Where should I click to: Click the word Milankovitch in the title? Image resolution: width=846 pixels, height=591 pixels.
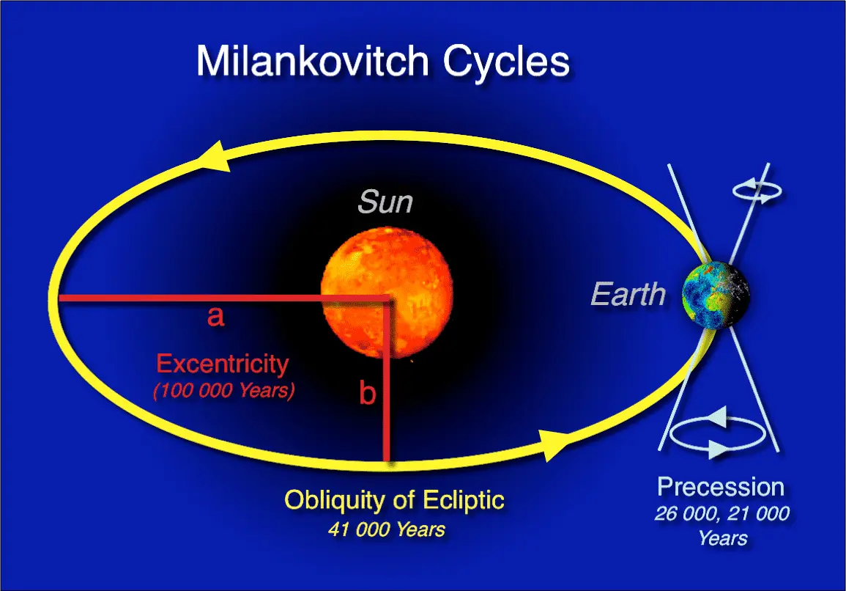(312, 61)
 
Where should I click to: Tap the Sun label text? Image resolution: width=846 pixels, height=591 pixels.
(385, 202)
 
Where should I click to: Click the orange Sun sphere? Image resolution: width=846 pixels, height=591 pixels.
(387, 293)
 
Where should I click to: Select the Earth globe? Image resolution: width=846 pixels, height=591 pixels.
(716, 295)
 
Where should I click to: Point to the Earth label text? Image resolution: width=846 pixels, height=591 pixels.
(628, 295)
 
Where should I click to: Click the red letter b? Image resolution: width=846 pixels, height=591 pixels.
(368, 392)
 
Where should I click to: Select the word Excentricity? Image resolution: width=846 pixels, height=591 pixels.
(223, 364)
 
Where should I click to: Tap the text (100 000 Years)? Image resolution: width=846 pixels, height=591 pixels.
(224, 390)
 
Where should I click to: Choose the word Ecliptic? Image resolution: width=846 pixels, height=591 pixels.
(464, 501)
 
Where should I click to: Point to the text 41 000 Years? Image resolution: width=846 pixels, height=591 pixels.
(386, 529)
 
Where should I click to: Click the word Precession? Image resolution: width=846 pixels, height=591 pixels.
(721, 488)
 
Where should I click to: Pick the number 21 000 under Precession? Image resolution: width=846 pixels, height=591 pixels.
(761, 513)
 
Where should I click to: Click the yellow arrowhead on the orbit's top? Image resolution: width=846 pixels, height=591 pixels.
(214, 157)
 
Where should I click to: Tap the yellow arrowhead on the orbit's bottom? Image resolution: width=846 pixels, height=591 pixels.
(554, 445)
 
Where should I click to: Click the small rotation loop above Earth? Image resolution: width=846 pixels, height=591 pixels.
(757, 191)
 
